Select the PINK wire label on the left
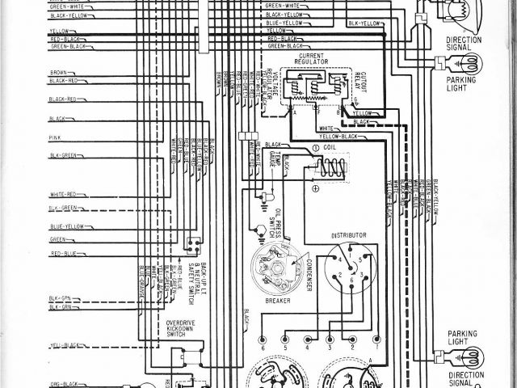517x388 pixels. [x=55, y=138]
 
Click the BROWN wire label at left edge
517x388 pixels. [x=57, y=72]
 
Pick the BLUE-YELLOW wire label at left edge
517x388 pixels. [x=65, y=227]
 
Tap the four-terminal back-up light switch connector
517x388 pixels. [x=191, y=244]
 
